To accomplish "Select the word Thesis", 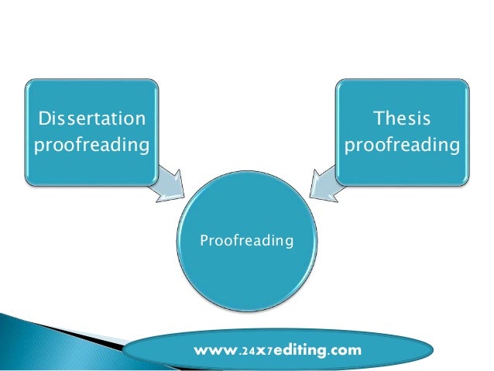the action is click(x=401, y=119).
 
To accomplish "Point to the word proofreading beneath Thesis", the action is click(x=401, y=146).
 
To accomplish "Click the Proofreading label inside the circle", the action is click(x=246, y=241).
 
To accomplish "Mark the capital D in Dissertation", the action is click(x=42, y=119).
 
